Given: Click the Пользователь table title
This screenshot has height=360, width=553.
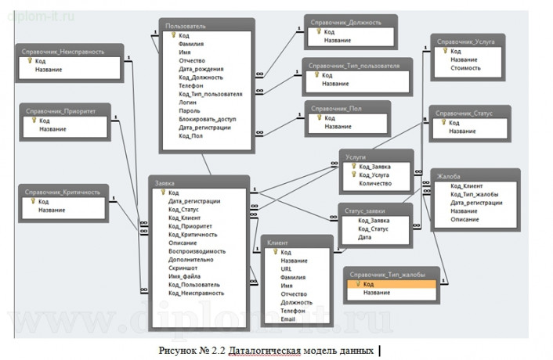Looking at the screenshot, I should click(x=186, y=26).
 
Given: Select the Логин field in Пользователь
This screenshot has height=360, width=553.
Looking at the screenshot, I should click(x=187, y=103).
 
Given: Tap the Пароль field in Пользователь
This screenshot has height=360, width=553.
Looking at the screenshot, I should click(x=189, y=111).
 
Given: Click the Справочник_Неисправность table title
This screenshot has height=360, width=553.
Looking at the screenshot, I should click(x=70, y=51).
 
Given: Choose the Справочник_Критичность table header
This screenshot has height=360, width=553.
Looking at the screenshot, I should click(x=63, y=191).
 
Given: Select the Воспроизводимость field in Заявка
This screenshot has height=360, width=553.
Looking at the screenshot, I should click(x=197, y=251).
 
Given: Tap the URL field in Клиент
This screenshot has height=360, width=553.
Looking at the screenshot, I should click(x=287, y=268).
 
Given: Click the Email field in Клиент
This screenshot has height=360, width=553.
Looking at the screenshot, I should click(x=289, y=319).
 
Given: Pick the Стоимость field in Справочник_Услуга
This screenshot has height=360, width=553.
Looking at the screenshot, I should click(x=466, y=68).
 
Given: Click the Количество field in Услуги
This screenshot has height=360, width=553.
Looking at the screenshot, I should click(x=376, y=183).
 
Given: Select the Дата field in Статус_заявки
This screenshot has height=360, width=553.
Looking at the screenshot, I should click(x=365, y=236).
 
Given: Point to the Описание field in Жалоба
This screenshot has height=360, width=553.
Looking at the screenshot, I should click(x=464, y=219).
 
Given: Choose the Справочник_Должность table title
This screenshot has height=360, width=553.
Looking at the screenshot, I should click(x=345, y=23).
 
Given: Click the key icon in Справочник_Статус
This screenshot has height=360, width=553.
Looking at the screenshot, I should click(x=443, y=123).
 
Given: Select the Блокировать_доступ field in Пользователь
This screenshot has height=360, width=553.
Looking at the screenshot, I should click(x=208, y=119).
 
